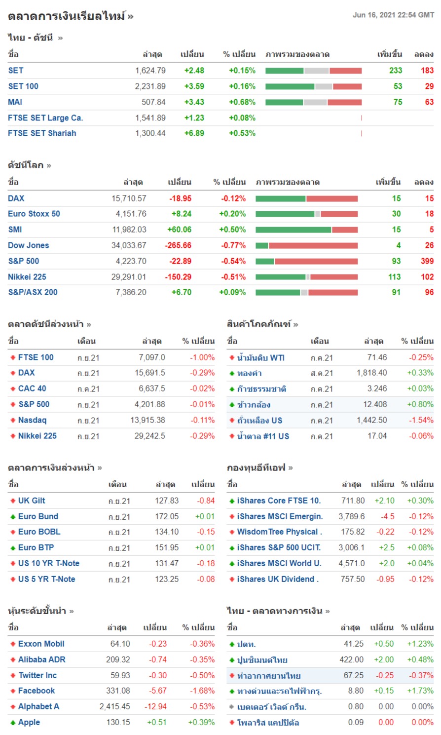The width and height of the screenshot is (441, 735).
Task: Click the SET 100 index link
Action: coord(23,86)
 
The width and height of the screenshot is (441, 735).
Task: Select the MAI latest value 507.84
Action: coord(153,102)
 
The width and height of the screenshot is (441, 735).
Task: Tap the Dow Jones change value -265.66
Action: coord(178,245)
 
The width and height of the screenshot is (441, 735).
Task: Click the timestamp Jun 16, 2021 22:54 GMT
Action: coord(393,15)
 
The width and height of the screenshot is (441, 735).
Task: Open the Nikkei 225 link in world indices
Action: coord(27,277)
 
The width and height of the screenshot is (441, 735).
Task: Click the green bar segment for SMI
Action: coord(293,230)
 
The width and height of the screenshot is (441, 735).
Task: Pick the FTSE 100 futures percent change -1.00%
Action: coord(202,357)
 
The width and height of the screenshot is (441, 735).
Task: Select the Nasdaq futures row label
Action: coord(32,420)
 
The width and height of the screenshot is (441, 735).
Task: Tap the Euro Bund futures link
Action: coord(38,516)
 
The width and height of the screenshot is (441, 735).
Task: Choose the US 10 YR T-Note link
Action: coord(48,563)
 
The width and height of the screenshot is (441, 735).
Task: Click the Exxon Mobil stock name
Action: coord(41,644)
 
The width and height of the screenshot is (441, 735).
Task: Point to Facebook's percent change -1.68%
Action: coord(202,691)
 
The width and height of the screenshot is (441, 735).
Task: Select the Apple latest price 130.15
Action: coord(118,722)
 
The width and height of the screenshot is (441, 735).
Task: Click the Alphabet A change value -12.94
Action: coord(155,706)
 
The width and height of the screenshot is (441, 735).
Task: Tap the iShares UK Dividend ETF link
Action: coord(278,579)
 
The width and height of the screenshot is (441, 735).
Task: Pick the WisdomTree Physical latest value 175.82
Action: coord(353,532)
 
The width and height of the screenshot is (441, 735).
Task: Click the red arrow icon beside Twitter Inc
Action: coord(13,675)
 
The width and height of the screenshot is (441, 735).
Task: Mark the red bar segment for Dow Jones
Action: coord(313,245)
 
